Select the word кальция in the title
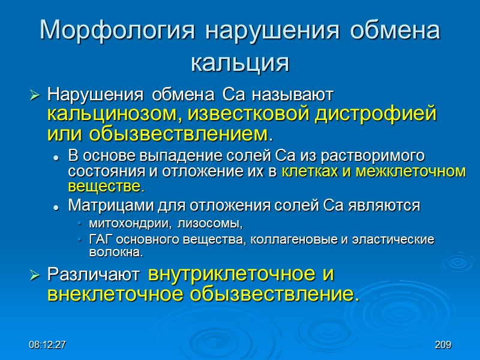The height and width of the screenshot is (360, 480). pos(239,62)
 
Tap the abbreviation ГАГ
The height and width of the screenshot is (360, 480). pos(100,239)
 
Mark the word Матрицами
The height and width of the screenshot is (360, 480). pos(103,206)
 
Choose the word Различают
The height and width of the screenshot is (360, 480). pos(94,275)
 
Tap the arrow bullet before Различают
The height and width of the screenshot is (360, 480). pos(34,275)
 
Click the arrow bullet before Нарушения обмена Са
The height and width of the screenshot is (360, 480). pos(34,95)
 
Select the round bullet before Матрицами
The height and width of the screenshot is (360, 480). pos(56,206)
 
